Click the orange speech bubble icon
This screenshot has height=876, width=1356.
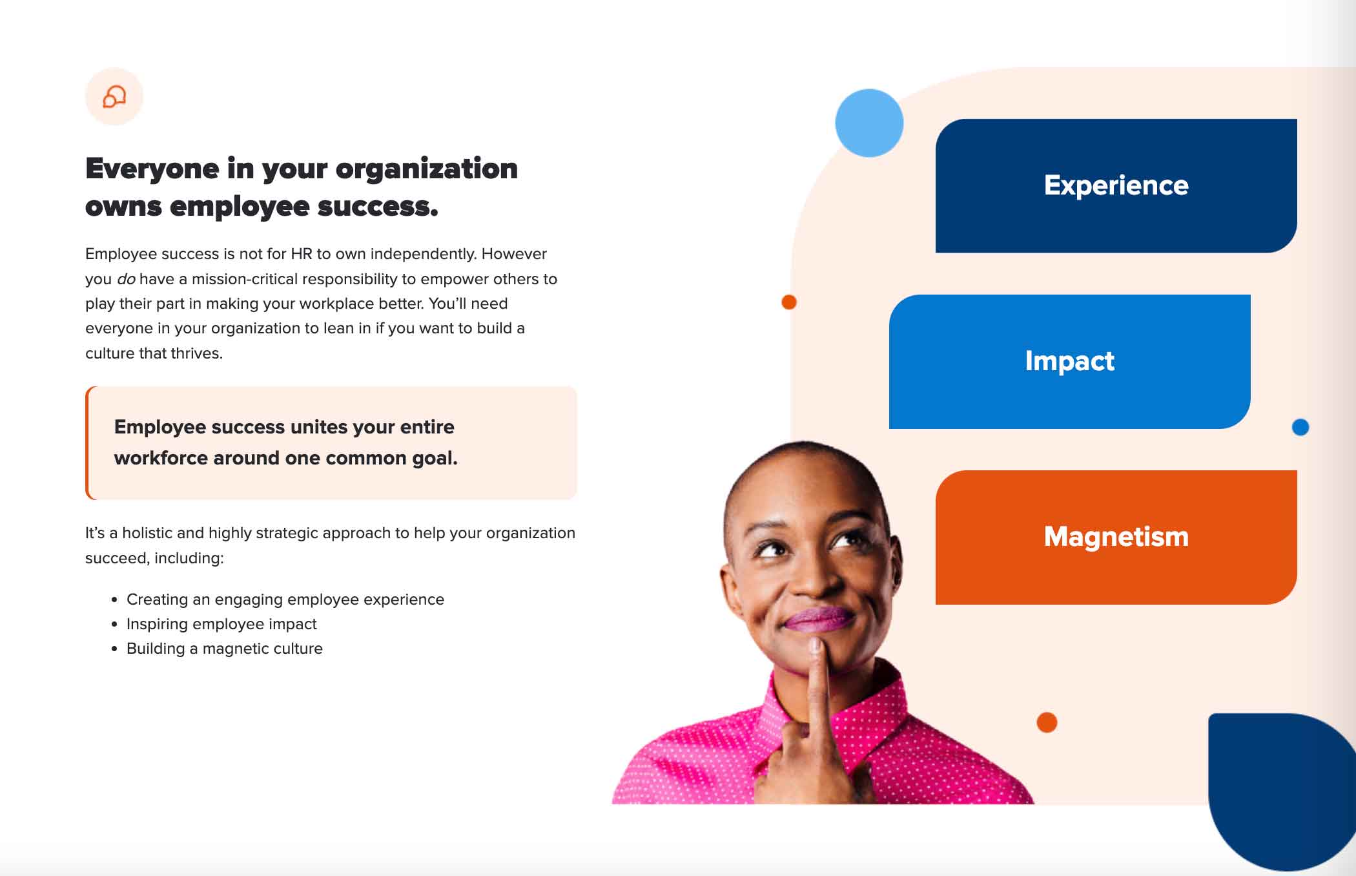point(114,97)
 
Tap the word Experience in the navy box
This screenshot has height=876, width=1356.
point(1116,185)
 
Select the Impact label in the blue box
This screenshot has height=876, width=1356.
point(1069,361)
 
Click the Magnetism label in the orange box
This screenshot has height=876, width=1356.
point(1116,537)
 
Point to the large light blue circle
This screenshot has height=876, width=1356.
point(868,123)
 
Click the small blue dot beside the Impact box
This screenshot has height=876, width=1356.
point(1300,427)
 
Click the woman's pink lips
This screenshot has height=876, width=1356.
point(817,619)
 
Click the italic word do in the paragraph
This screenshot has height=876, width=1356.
point(126,279)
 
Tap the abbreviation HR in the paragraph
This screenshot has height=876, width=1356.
point(302,254)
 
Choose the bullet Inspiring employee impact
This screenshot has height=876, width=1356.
point(221,624)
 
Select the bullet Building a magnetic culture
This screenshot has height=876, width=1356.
point(224,649)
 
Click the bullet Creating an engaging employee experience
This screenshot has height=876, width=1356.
point(285,600)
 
